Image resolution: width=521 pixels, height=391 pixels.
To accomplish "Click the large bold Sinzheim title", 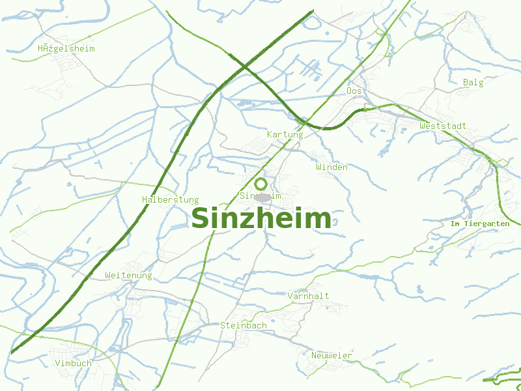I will pyautogui.click(x=261, y=218).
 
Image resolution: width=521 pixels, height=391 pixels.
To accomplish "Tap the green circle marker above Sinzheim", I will pyautogui.click(x=260, y=184).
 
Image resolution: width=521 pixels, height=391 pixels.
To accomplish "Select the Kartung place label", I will pyautogui.click(x=285, y=134).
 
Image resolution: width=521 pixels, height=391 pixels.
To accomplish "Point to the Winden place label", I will pyautogui.click(x=331, y=167).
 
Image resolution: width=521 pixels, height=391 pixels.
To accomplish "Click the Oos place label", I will pyautogui.click(x=354, y=91).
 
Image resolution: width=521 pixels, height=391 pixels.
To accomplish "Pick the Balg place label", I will pyautogui.click(x=473, y=82).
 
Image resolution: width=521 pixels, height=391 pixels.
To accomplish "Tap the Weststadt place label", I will pyautogui.click(x=443, y=126).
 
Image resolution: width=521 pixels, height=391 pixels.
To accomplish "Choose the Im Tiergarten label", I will pyautogui.click(x=480, y=224).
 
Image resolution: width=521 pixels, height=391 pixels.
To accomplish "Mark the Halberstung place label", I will pyautogui.click(x=170, y=199).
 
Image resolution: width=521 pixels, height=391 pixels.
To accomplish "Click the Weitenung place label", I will pyautogui.click(x=128, y=276).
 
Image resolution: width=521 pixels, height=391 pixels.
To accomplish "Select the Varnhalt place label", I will pyautogui.click(x=308, y=296).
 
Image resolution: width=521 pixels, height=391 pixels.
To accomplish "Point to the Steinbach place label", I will pyautogui.click(x=244, y=325).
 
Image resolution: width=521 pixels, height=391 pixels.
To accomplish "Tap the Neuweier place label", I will pyautogui.click(x=331, y=355).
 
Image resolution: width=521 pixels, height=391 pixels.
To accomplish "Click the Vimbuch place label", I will pyautogui.click(x=74, y=363).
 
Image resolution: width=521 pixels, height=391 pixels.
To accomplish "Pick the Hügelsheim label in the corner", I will pyautogui.click(x=66, y=49).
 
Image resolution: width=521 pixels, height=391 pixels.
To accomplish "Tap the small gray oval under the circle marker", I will pyautogui.click(x=262, y=197).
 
